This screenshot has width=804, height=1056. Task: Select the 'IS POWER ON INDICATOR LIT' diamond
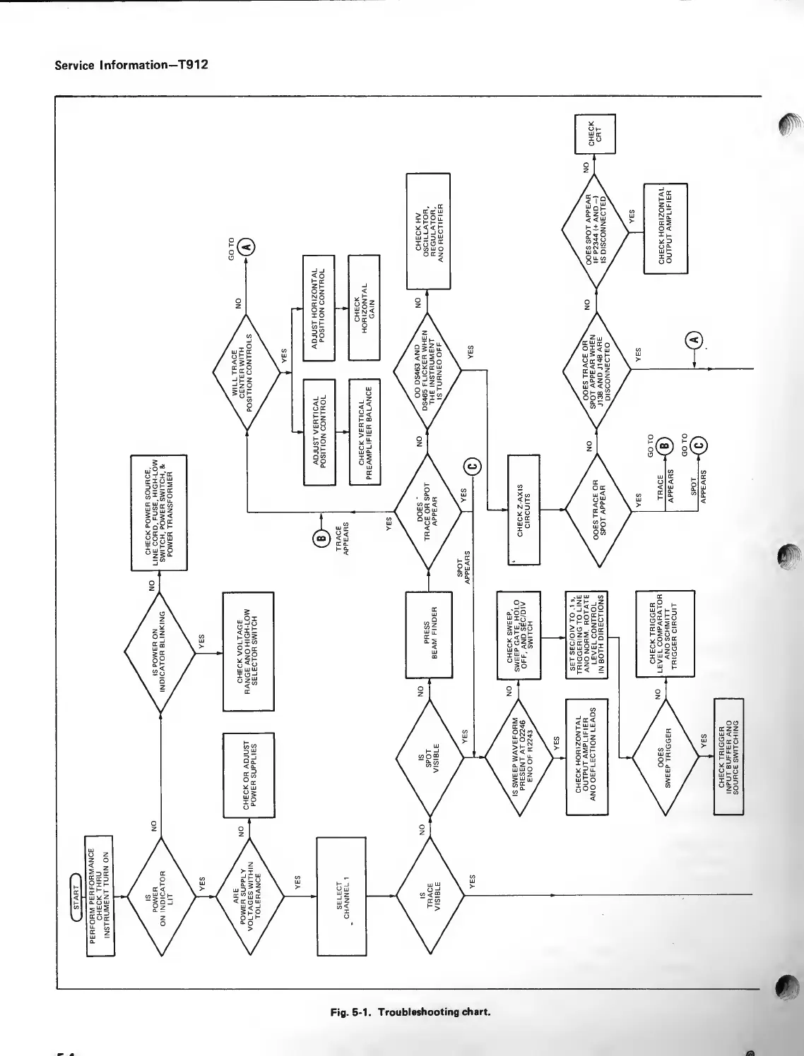click(x=162, y=896)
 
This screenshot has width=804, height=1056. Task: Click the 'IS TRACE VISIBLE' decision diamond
click(x=429, y=896)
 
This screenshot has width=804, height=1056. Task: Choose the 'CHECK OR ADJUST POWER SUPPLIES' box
click(x=248, y=774)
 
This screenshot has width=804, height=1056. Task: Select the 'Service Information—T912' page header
click(x=131, y=66)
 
